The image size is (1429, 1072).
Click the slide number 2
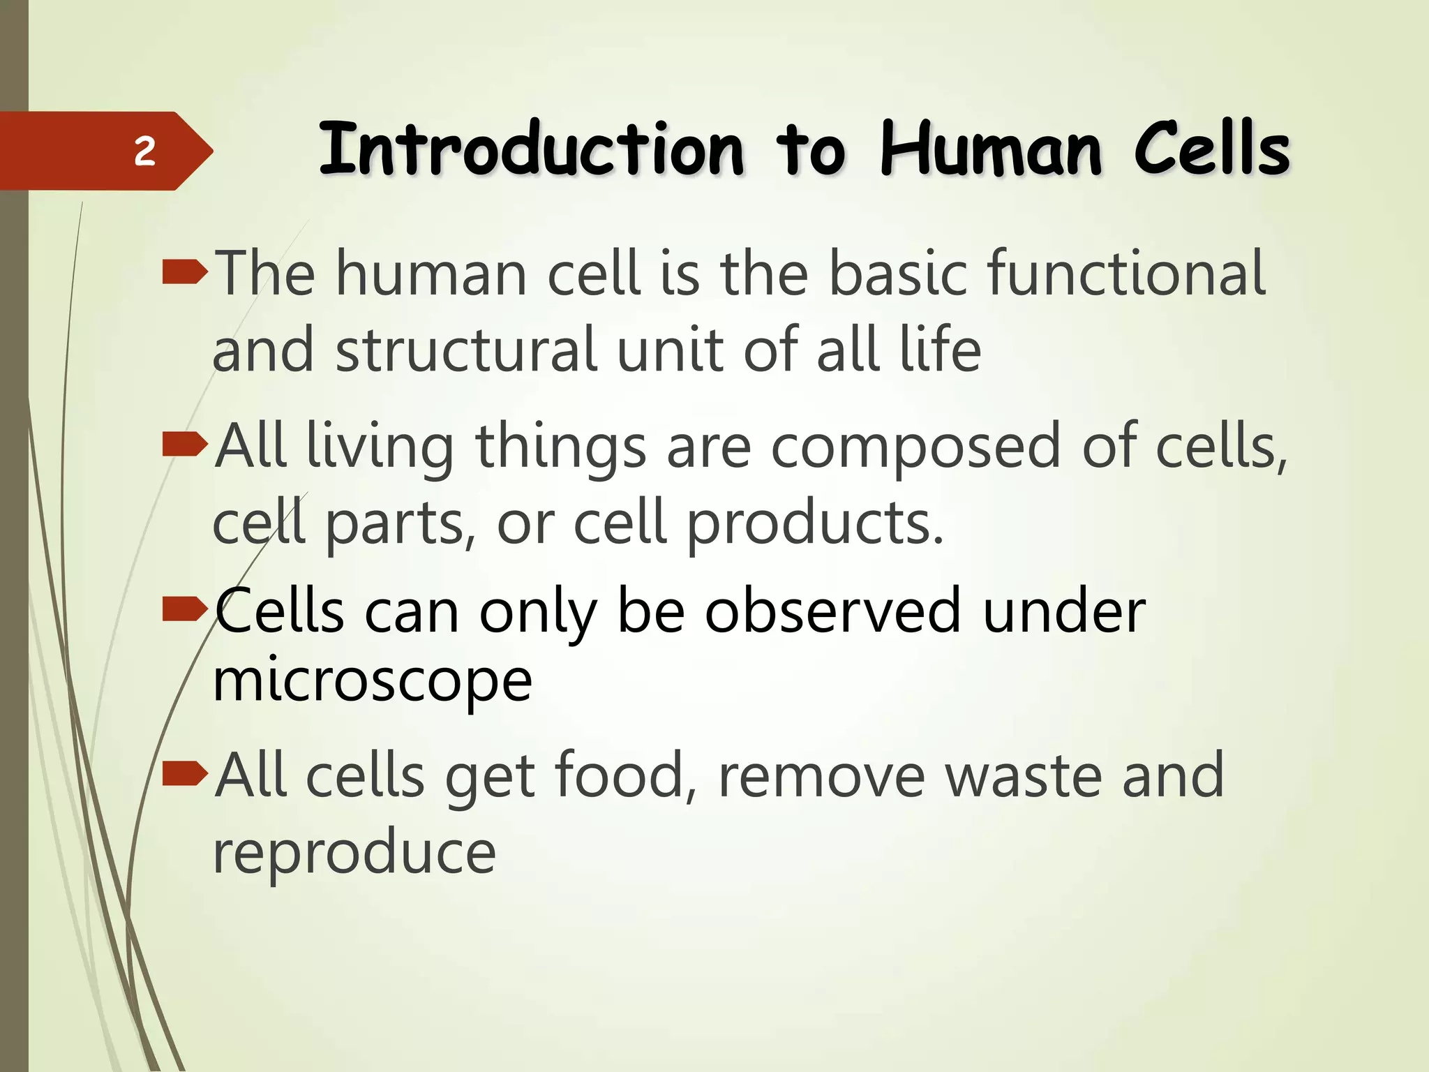[x=144, y=151]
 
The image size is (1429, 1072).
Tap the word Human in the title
[x=992, y=149]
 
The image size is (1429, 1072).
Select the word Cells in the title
[x=1212, y=148]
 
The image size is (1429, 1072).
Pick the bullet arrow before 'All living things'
[x=184, y=444]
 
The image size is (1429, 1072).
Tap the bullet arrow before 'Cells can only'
[x=184, y=609]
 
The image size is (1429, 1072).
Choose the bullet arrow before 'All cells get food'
[x=184, y=773]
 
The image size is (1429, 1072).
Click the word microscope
[x=373, y=683]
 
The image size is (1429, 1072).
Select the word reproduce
[x=354, y=853]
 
